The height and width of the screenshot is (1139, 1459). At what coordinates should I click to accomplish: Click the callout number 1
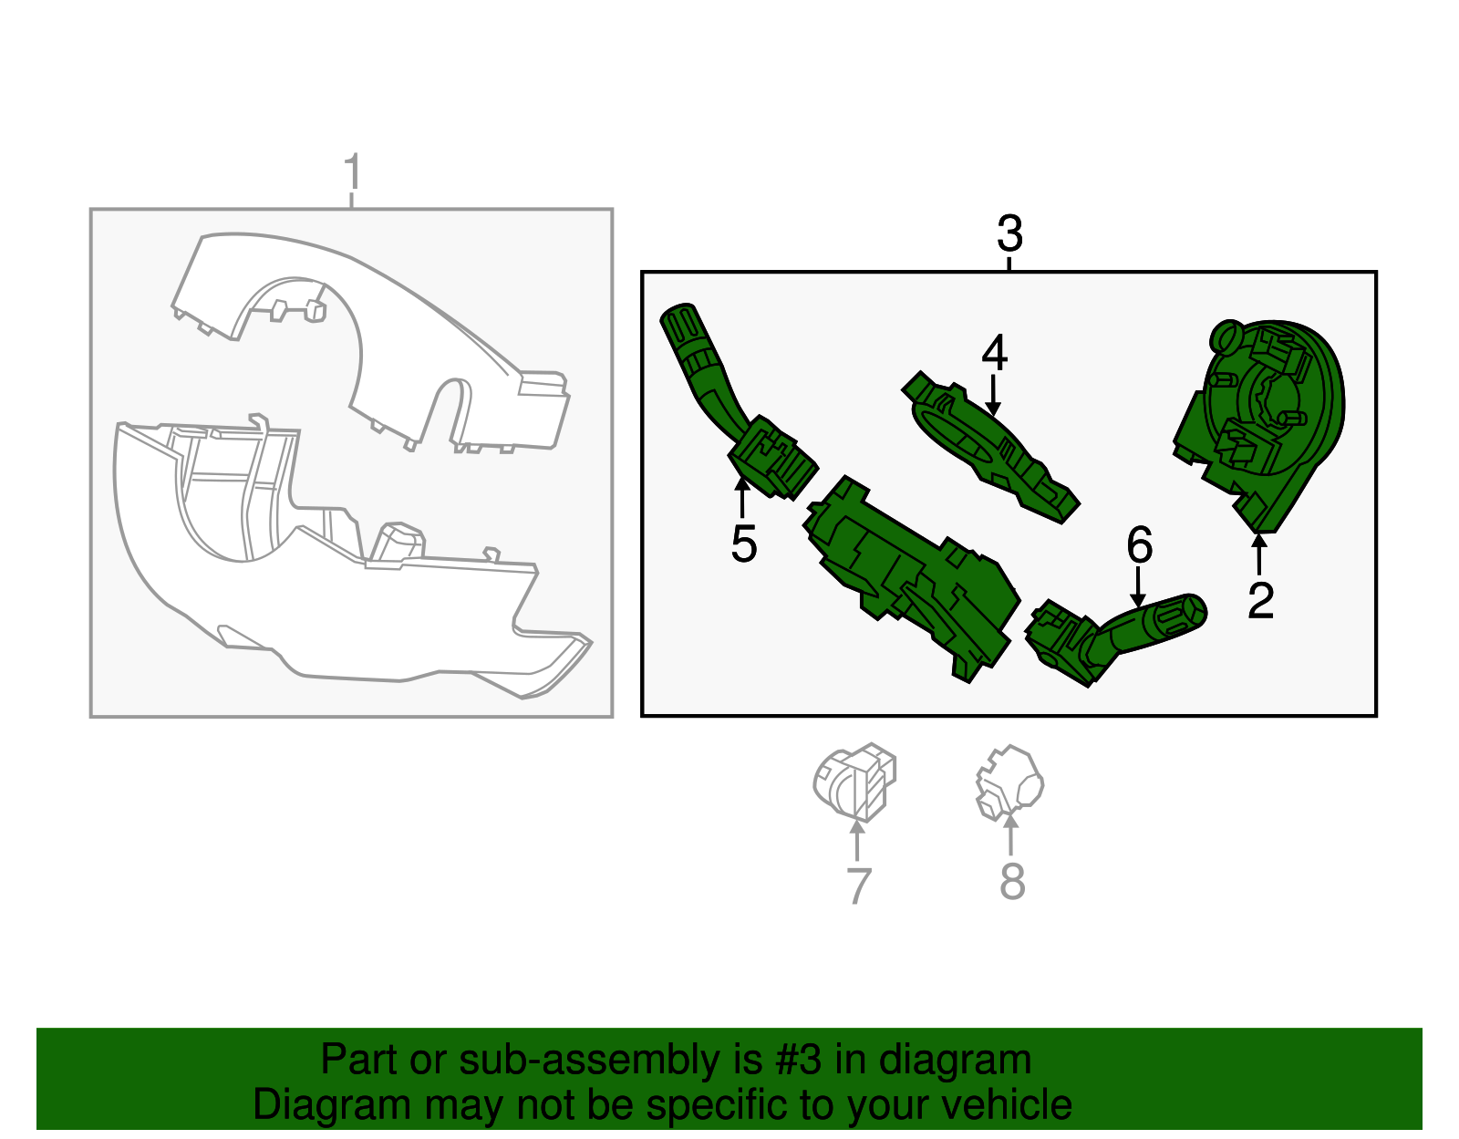pyautogui.click(x=353, y=171)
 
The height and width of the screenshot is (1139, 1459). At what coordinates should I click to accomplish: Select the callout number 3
pyautogui.click(x=1009, y=233)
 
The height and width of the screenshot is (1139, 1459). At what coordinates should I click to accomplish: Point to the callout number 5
pyautogui.click(x=744, y=544)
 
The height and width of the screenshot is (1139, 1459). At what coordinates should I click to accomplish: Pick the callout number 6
pyautogui.click(x=1140, y=544)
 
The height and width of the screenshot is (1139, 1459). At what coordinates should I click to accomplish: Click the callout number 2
pyautogui.click(x=1260, y=601)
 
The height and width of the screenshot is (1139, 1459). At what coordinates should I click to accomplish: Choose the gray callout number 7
pyautogui.click(x=859, y=885)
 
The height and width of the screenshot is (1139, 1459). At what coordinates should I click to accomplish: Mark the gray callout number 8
pyautogui.click(x=1012, y=881)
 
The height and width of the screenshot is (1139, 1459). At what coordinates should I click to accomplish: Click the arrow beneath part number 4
pyautogui.click(x=993, y=396)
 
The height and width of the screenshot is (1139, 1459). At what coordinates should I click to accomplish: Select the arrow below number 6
pyautogui.click(x=1137, y=587)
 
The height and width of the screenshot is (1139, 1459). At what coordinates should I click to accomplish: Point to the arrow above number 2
pyautogui.click(x=1259, y=554)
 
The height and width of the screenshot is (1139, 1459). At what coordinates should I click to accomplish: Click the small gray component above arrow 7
pyautogui.click(x=854, y=782)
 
